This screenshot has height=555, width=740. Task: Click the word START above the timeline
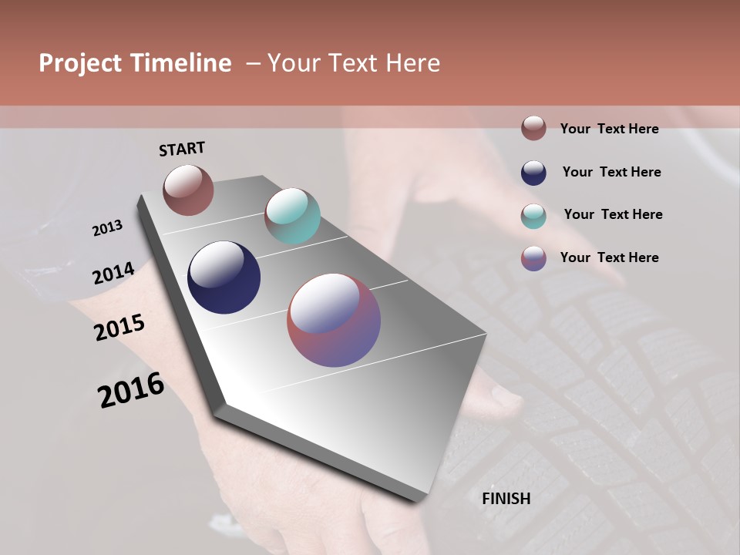(182, 149)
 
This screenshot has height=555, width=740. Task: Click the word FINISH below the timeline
(506, 499)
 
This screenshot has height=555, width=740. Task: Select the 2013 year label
(107, 228)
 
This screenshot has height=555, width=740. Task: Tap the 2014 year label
(114, 274)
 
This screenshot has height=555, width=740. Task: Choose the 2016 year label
(131, 390)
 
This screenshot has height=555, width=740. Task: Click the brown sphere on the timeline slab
(188, 190)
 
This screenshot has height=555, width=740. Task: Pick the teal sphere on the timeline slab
(292, 216)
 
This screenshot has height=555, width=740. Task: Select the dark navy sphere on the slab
(224, 277)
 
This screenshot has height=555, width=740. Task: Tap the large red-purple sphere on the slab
(334, 320)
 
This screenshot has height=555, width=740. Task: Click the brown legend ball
(533, 129)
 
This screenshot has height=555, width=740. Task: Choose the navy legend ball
(533, 173)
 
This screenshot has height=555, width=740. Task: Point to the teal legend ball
(533, 216)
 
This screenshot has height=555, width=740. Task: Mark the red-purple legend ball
(533, 258)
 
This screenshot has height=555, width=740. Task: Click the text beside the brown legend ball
(609, 129)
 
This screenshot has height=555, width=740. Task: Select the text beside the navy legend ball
(611, 172)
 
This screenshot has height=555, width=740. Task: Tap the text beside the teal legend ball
(613, 214)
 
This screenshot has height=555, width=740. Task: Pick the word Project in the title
(80, 63)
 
